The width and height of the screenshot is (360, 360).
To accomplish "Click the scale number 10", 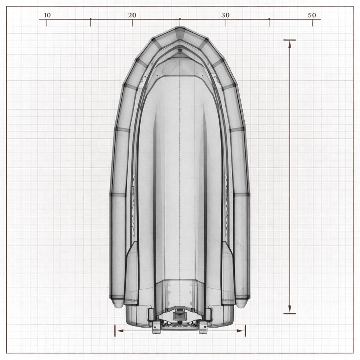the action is pos(47,15).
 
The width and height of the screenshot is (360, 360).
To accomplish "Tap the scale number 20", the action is pos(132,15).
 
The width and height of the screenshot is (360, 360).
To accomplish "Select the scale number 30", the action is pos(226,15).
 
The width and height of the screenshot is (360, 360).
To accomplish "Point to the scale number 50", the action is pos(312,15).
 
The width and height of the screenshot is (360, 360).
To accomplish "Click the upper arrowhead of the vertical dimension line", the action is pos(290,44).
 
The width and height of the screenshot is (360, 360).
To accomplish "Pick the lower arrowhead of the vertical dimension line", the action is pos(290,309).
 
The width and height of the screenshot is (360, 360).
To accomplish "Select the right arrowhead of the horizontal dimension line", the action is pos(240,331).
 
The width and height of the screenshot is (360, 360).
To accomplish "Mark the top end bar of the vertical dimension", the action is pos(289,40).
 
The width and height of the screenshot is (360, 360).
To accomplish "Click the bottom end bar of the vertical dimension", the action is pos(289,313).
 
